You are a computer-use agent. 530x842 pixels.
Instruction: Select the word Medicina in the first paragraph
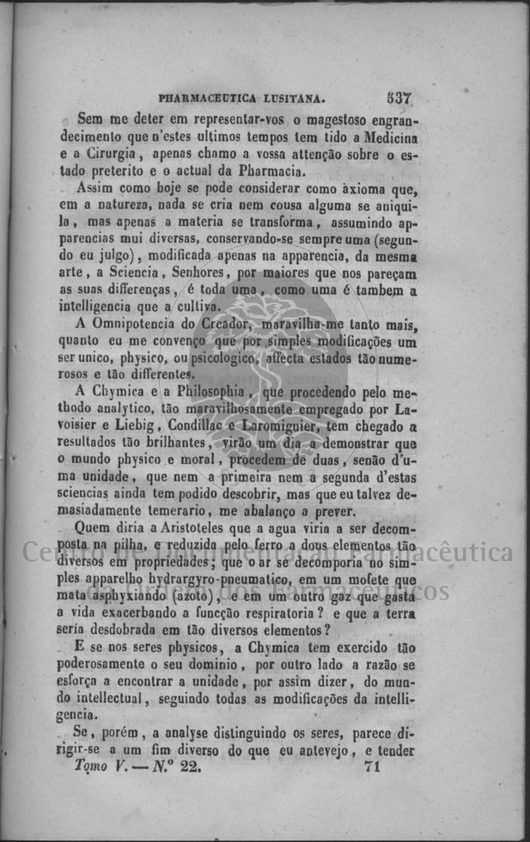[x=390, y=137]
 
